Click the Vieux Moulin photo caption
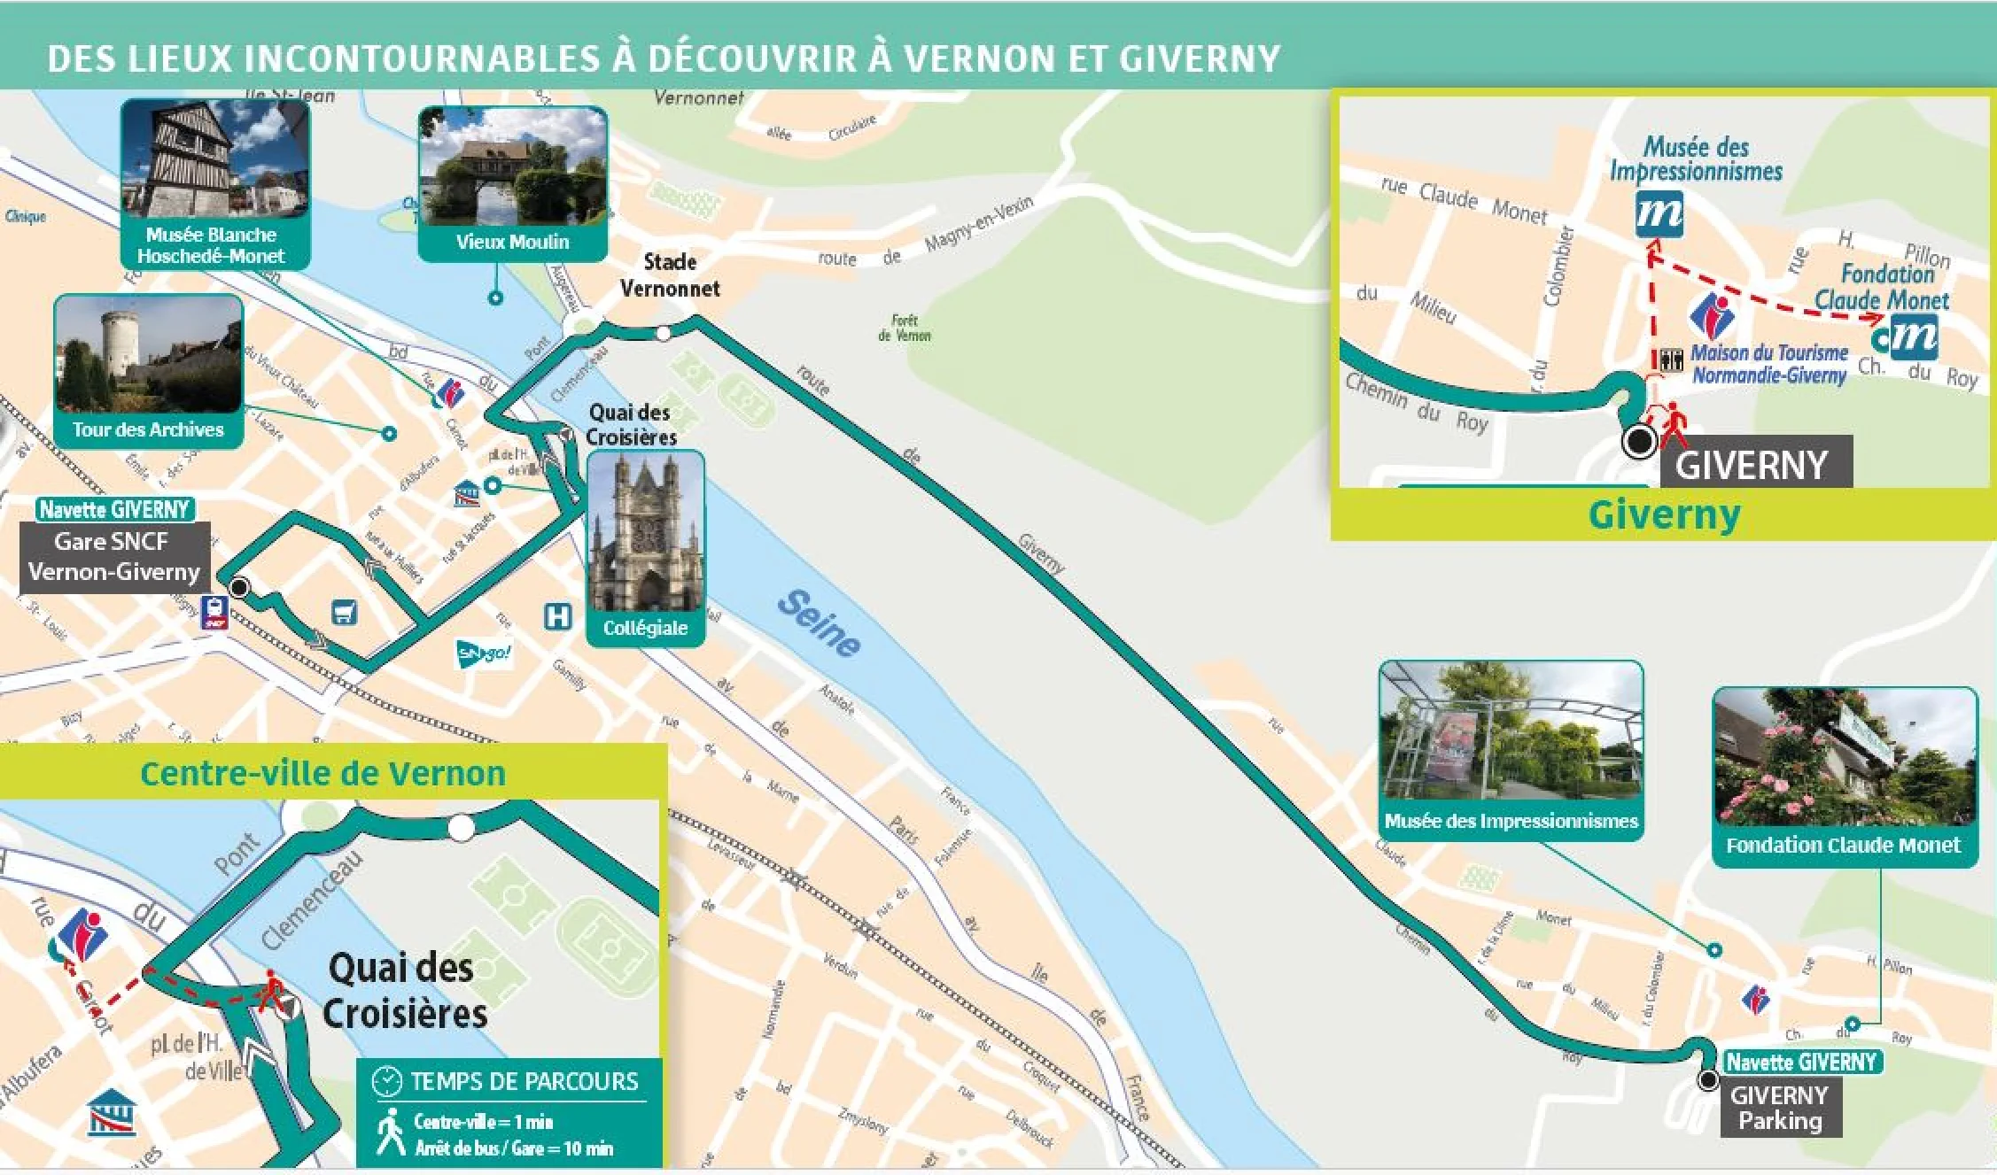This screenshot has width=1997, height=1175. [x=512, y=242]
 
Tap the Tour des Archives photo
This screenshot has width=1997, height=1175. [x=148, y=354]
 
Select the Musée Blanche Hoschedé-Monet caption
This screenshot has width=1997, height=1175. [x=211, y=245]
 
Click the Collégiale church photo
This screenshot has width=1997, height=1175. [x=645, y=531]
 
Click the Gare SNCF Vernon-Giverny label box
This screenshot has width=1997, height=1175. [x=114, y=557]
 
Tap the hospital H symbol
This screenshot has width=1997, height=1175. [x=557, y=616]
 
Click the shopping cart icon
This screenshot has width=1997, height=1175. [x=344, y=612]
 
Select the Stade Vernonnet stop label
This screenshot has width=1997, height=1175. [x=670, y=274]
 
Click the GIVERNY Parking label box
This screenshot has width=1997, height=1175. [x=1780, y=1108]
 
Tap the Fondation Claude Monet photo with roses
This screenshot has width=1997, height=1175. [x=1844, y=757]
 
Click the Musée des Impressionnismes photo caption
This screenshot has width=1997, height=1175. [x=1511, y=822]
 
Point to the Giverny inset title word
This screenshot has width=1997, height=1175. [x=1663, y=514]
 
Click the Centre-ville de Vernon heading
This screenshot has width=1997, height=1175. [x=322, y=773]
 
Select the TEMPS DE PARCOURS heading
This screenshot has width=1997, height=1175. [x=523, y=1081]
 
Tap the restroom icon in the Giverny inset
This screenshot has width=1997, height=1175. [x=1670, y=359]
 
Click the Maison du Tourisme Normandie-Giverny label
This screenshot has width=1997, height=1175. [x=1768, y=364]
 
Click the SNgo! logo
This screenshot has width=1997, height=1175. [x=483, y=653]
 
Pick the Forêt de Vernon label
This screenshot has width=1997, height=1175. [x=905, y=329]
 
